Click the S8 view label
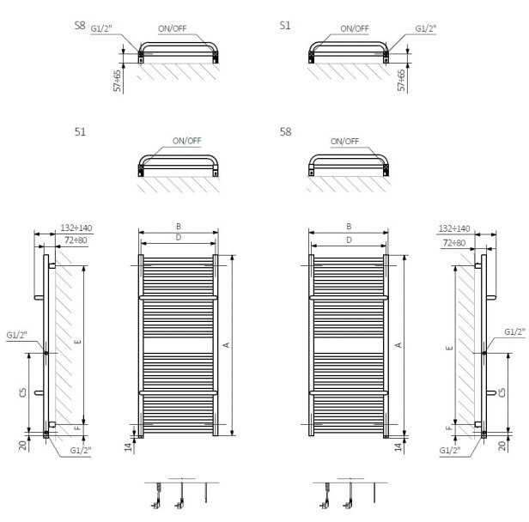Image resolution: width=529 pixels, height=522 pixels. tap(80, 26)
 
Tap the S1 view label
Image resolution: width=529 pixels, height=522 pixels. tap(285, 26)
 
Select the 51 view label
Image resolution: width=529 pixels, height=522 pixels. tap(80, 132)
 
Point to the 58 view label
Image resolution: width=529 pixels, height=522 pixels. tap(285, 132)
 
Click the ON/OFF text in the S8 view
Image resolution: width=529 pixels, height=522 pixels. tap(172, 28)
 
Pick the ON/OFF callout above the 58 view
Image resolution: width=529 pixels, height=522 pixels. tap(345, 142)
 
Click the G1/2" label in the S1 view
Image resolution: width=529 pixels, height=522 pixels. tap(426, 28)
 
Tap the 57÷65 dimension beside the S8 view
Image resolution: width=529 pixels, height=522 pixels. tap(117, 81)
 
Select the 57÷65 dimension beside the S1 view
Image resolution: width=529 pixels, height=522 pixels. tap(402, 80)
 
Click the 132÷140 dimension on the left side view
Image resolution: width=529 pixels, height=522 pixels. tap(76, 228)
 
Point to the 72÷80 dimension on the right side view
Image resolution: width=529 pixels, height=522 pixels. tap(454, 243)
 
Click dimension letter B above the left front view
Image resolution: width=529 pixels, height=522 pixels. tap(179, 227)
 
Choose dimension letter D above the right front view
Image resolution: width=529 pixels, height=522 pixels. tap(349, 240)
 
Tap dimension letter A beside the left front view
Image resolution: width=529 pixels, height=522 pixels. tap(227, 345)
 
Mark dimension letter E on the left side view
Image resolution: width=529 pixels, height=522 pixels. tap(78, 342)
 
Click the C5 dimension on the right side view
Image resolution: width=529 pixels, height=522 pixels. tap(502, 392)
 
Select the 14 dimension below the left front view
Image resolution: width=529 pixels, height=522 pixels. tap(129, 447)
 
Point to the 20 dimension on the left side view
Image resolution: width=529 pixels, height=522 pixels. tap(23, 446)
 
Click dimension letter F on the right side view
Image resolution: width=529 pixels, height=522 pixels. tap(449, 428)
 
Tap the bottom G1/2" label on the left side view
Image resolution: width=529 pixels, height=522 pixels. tap(81, 451)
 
